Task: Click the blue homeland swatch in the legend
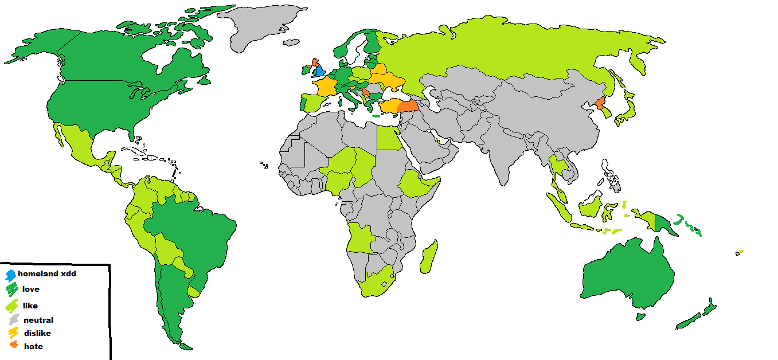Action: click(10, 275)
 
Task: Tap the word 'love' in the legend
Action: click(30, 289)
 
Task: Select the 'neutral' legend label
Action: click(38, 320)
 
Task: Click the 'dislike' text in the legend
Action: click(37, 334)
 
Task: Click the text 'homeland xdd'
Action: click(47, 274)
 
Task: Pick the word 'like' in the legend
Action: click(30, 306)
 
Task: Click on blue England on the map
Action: click(320, 72)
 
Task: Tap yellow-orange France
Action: click(324, 87)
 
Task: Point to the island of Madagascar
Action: click(429, 256)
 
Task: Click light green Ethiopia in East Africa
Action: click(416, 183)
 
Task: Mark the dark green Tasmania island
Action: click(640, 316)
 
